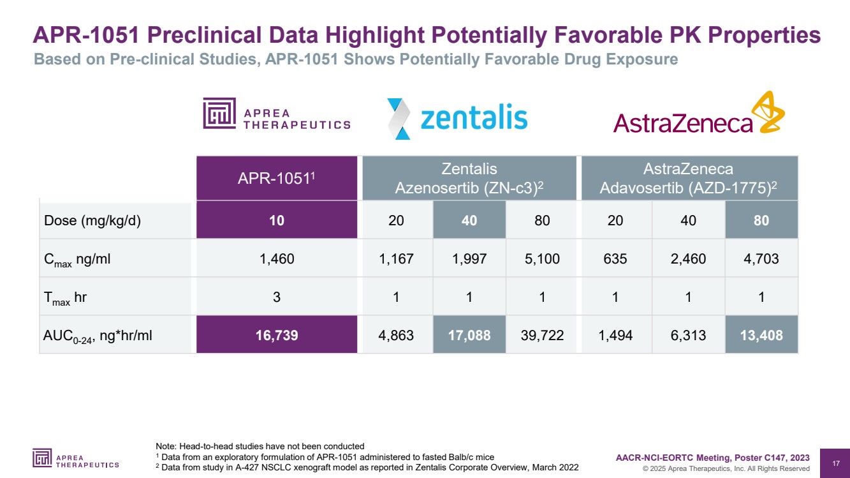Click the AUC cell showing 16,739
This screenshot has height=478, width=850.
point(277,335)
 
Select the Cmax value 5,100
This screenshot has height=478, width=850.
point(542,258)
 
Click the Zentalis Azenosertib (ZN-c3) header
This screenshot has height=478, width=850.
point(469,179)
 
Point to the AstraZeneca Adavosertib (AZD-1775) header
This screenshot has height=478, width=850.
point(689,179)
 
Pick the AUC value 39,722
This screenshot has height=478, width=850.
point(542,335)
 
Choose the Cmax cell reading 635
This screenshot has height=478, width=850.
point(616,258)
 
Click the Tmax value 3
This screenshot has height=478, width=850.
point(277,297)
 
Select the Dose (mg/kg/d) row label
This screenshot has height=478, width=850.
point(92,221)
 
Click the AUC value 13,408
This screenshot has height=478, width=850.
point(761,335)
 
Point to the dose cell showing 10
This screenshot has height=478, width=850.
point(277,221)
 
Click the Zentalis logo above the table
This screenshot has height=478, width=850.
point(458,118)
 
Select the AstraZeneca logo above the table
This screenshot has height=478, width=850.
point(699,115)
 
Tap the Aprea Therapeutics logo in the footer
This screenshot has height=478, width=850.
point(76,458)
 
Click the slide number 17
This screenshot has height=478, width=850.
point(835,462)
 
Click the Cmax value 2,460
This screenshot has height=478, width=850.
point(689,258)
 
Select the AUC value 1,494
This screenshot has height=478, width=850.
point(616,335)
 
